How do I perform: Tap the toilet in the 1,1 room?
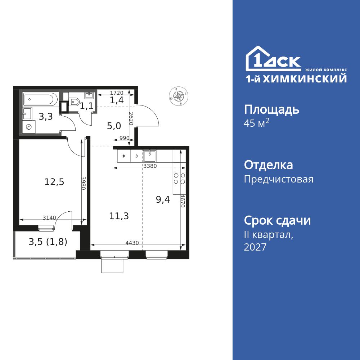coord(74,102)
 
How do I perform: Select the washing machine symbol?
coord(29,127)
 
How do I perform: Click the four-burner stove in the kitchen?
coord(180,179)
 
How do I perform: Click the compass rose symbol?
coord(179,96)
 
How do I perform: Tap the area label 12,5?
coord(54,182)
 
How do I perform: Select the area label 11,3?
coord(119,216)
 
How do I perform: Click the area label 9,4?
coord(163,199)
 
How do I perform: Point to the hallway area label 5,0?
coord(114,126)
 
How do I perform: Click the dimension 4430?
coord(132,243)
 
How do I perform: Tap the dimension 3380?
coord(150,166)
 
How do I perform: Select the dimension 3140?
coord(49,217)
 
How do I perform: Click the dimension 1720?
coord(117,93)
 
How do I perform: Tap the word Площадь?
coord(271,110)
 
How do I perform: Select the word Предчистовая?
coord(279,179)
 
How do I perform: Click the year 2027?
coord(255,247)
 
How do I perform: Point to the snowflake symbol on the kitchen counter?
coord(124,156)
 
